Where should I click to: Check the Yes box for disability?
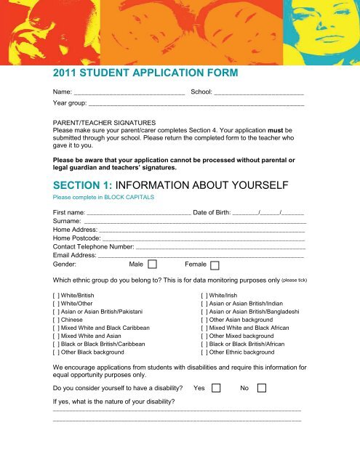216,388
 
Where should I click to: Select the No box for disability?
262,388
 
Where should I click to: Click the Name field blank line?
129,94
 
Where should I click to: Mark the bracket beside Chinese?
57,318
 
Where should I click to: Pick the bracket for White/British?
57,296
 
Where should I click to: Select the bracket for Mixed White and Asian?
57,340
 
